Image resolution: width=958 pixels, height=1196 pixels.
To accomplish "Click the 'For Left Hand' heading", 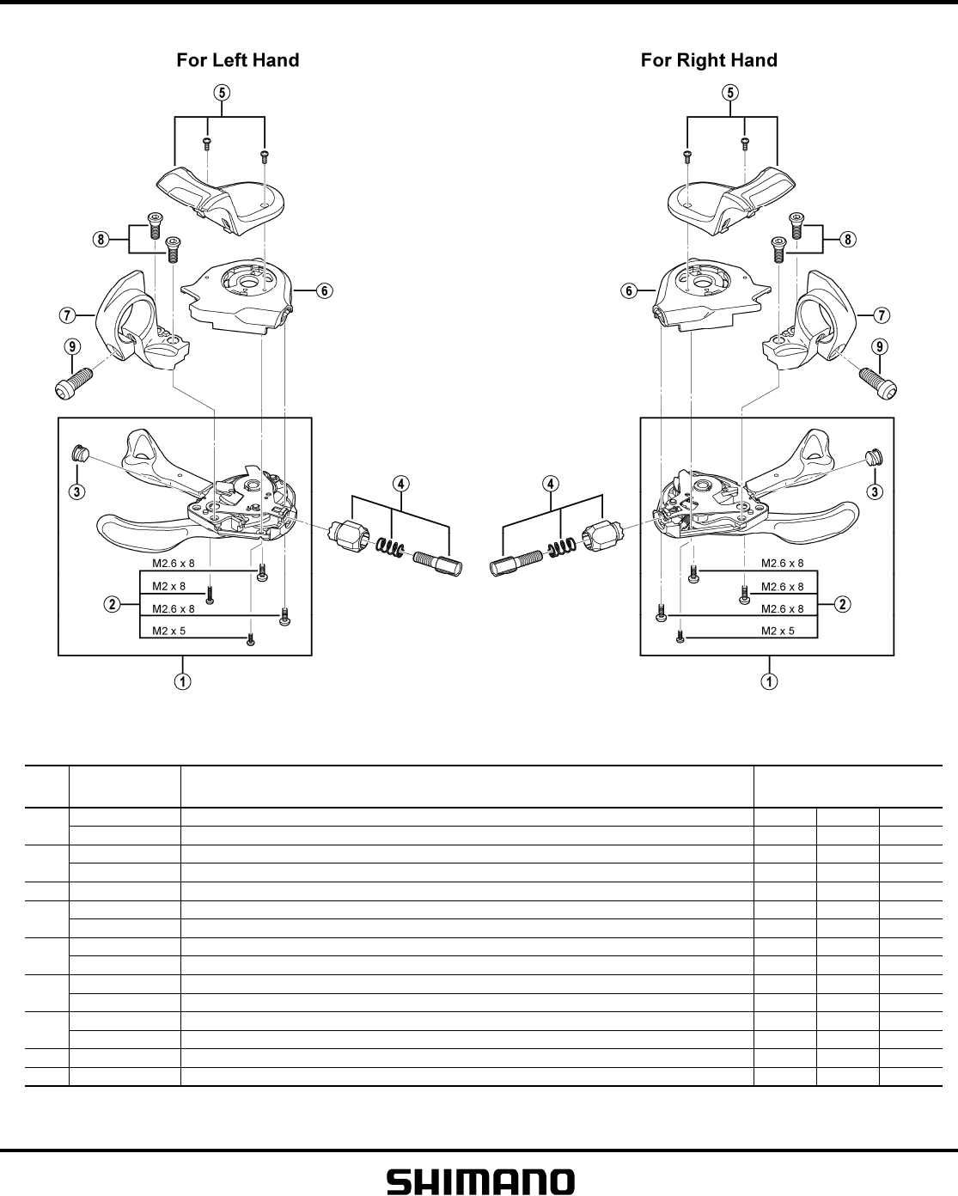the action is (238, 60).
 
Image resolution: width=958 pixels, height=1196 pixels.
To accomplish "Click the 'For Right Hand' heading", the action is (709, 60).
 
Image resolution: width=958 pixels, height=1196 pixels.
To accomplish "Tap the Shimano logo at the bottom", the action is (480, 1181).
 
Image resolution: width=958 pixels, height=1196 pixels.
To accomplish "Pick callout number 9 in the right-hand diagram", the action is (880, 346).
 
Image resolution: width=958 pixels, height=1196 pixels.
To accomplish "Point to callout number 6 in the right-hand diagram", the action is (630, 291).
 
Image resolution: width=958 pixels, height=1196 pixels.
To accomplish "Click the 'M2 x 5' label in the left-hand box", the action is (168, 631).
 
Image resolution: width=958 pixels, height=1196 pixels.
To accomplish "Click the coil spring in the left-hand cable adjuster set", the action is (394, 546).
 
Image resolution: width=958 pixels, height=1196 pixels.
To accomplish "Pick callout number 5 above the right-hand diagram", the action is (732, 93).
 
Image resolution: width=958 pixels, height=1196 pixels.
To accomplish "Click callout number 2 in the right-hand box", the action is (843, 604).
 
